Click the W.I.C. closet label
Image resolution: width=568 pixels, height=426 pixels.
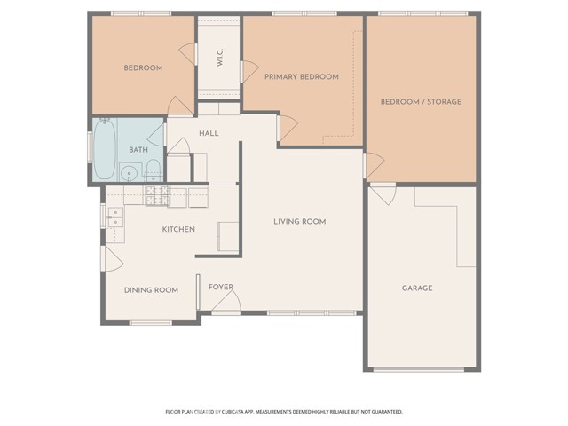coord(220,57)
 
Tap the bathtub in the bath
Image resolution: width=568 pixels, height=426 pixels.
coord(105,148)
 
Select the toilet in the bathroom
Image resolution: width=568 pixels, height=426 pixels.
coord(154,170)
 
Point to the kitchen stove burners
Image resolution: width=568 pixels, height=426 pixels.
coord(158,196)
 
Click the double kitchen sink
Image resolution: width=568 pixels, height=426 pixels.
coord(116,217)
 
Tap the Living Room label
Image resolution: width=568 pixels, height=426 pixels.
coord(300,221)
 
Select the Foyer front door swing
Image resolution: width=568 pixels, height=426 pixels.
coord(226,302)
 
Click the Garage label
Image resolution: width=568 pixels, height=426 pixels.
coord(417,288)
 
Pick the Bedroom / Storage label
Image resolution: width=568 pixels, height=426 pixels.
coord(421,102)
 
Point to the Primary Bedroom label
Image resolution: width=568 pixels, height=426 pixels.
coord(302,77)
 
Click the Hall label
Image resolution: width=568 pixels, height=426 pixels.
coord(209,133)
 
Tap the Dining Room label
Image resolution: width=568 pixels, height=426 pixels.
coord(151,290)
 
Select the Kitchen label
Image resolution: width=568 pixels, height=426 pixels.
coord(178,229)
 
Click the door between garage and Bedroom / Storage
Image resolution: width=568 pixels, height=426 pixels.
coord(383,194)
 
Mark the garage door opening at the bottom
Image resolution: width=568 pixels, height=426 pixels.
coord(419,369)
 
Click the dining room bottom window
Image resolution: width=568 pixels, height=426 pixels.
coord(151,322)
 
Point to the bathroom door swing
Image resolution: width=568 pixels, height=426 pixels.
coord(156,135)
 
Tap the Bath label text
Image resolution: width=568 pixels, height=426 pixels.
coord(138,150)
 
